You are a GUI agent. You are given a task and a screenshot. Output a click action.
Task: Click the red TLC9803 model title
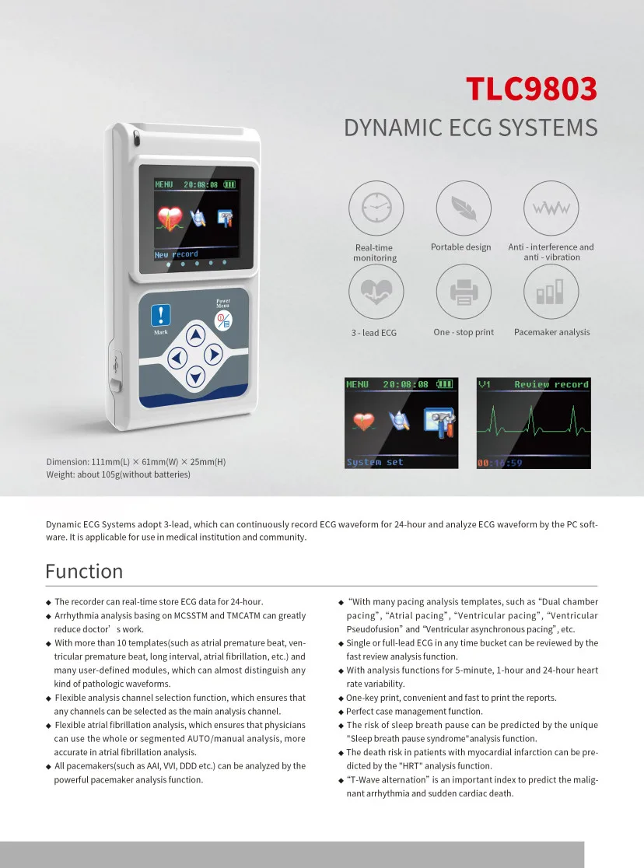pos(531,89)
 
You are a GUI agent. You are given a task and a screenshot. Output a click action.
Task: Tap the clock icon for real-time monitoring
pos(376,208)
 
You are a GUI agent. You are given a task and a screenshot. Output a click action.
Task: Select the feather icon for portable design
pos(463,208)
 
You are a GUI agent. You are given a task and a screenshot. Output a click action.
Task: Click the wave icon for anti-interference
pos(551,208)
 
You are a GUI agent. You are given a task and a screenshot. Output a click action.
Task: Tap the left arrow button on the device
pos(177,357)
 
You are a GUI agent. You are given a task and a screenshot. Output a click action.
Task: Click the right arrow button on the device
pos(213,355)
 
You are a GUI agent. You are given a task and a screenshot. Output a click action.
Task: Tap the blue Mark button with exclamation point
pos(160,315)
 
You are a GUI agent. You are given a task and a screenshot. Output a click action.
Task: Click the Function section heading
pos(84,571)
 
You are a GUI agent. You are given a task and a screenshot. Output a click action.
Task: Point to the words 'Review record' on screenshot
pos(551,384)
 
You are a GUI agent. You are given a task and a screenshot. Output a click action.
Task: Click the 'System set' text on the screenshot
pos(375,462)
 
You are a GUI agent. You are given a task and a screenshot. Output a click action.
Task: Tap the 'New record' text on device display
pos(177,254)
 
